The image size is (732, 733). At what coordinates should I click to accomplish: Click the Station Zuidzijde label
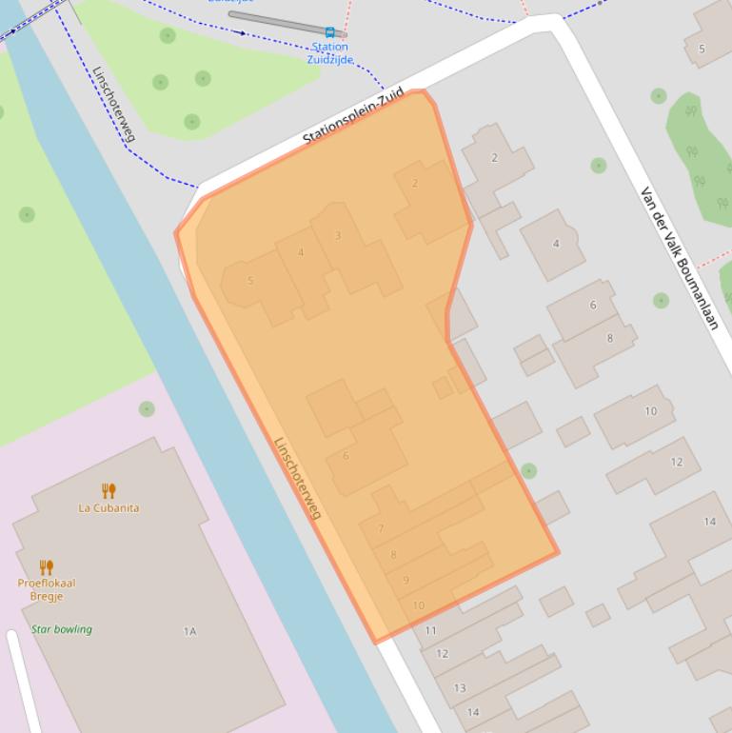click(x=329, y=52)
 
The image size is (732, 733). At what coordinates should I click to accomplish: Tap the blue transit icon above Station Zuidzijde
click(x=329, y=32)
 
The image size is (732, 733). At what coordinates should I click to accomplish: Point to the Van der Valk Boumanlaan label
click(x=679, y=258)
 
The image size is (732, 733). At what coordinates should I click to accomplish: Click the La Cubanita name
click(x=109, y=507)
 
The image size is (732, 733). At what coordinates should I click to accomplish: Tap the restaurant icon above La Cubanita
click(x=109, y=490)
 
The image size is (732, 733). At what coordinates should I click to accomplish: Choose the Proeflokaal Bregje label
click(x=47, y=589)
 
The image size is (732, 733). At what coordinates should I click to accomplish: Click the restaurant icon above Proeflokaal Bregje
click(x=47, y=567)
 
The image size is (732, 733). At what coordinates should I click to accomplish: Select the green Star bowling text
click(x=62, y=629)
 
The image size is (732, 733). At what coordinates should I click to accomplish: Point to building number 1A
click(x=189, y=631)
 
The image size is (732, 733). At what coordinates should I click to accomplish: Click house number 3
click(x=338, y=235)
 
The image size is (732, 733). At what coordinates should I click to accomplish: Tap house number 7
click(x=381, y=528)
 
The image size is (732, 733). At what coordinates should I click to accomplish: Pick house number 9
click(x=406, y=580)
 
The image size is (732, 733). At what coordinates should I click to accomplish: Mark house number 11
click(x=430, y=630)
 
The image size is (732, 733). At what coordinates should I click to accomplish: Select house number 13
click(x=460, y=687)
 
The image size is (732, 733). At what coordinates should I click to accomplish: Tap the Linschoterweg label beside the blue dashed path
click(x=113, y=104)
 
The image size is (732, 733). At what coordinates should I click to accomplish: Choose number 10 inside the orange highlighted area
click(x=418, y=605)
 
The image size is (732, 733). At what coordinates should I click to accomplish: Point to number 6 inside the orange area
click(x=346, y=456)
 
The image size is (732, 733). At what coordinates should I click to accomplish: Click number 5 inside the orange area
click(x=250, y=280)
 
